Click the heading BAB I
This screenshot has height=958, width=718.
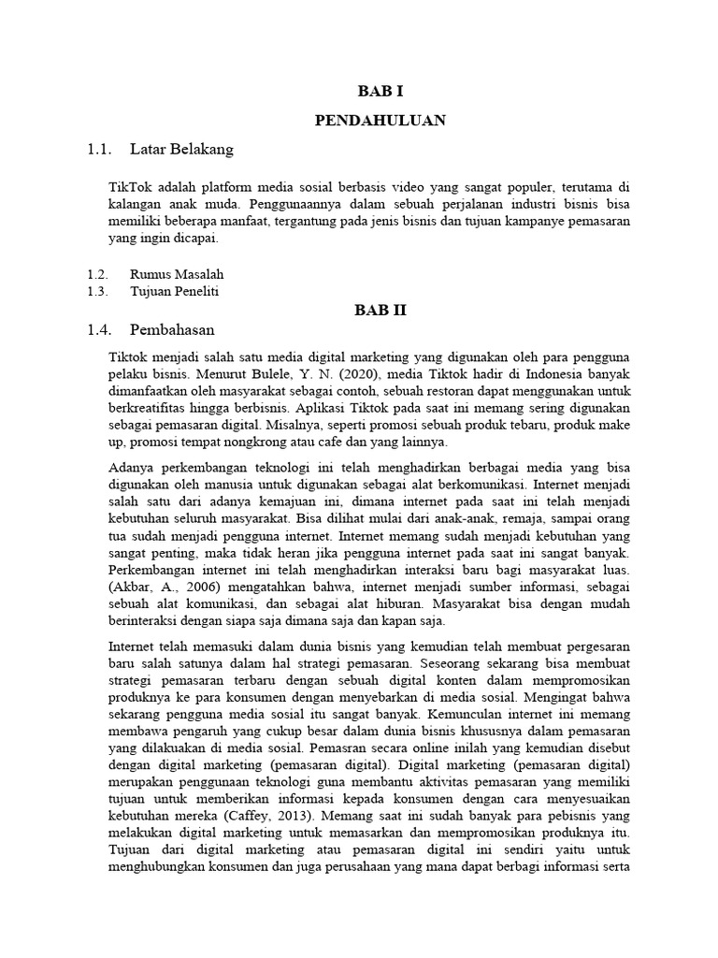tap(381, 91)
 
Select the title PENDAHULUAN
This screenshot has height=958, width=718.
tap(380, 120)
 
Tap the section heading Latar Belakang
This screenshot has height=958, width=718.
tap(181, 149)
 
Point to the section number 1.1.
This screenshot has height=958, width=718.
tap(99, 149)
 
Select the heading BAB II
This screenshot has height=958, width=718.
tap(381, 310)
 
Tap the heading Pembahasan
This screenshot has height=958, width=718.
tap(172, 329)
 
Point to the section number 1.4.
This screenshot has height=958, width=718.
tap(99, 329)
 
